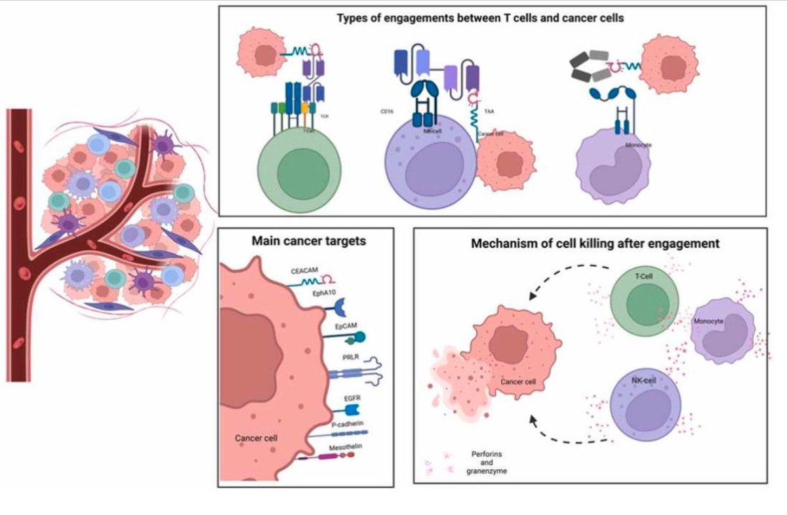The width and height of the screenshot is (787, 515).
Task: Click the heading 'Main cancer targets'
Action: pyautogui.click(x=309, y=241)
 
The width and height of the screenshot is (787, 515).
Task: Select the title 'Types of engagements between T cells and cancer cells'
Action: pyautogui.click(x=479, y=18)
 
